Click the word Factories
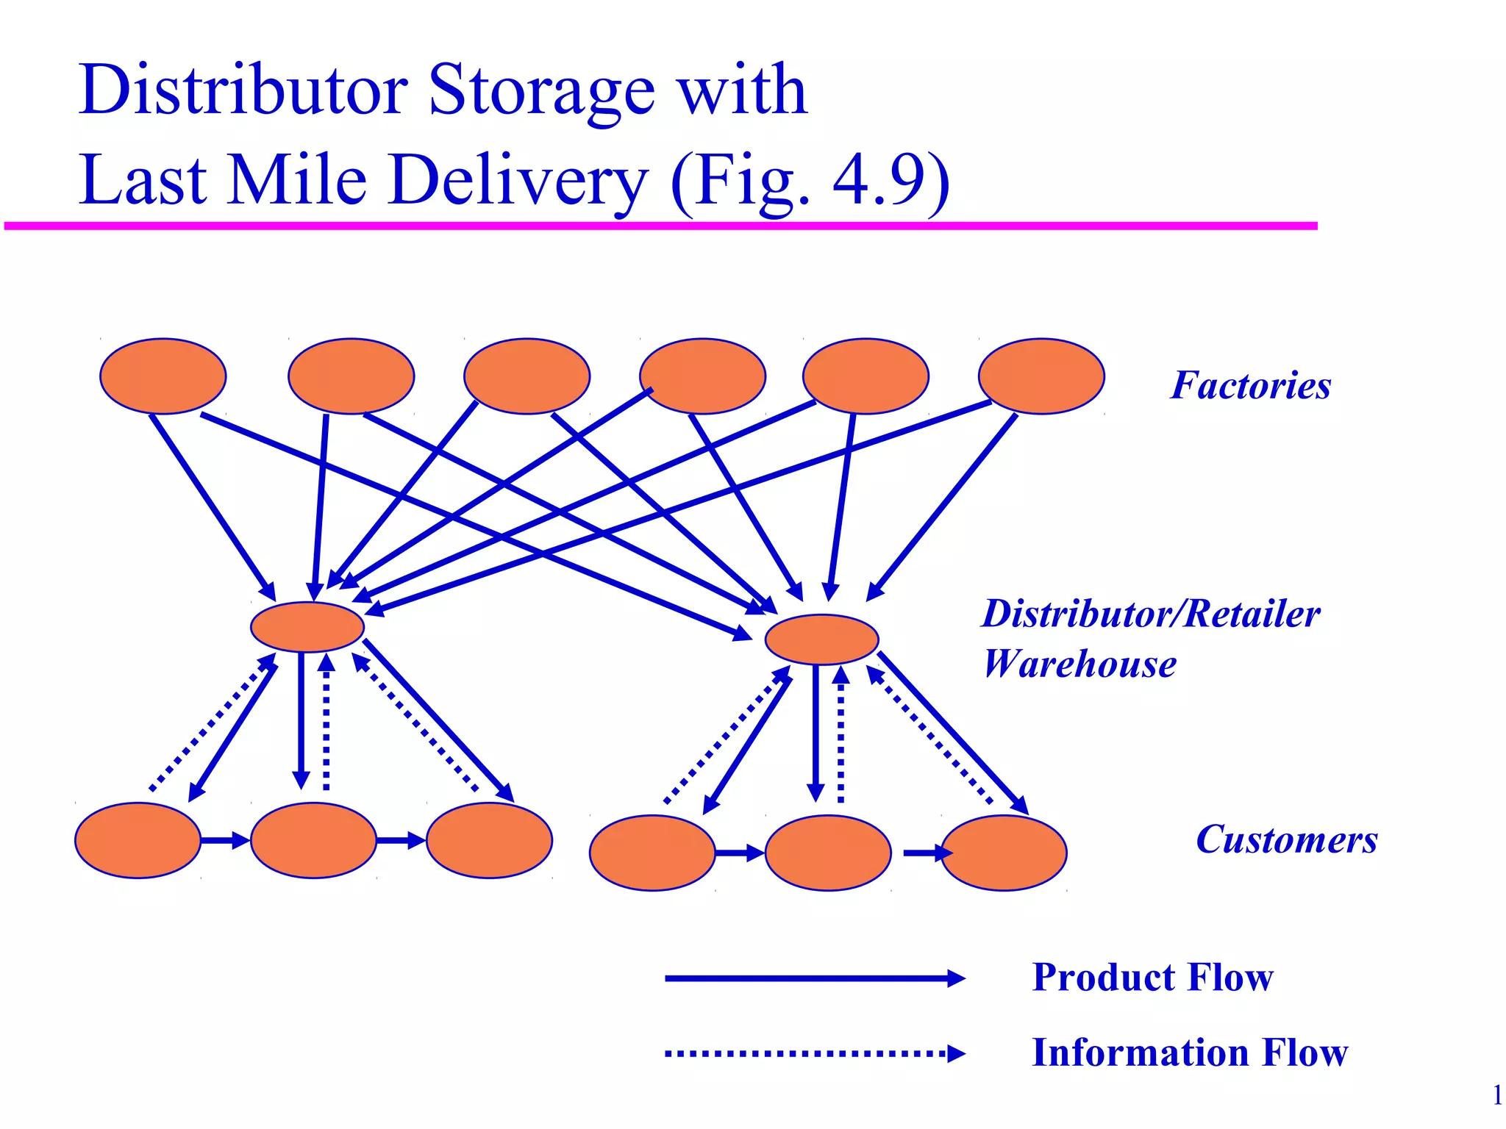(1250, 385)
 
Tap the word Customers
(1286, 839)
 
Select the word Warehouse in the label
(1079, 664)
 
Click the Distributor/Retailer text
(1151, 614)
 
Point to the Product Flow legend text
(1152, 978)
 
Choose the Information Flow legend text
(1190, 1053)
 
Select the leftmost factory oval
(163, 376)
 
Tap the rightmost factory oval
(1041, 376)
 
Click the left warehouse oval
(307, 627)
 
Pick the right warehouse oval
(821, 639)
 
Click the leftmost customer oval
(138, 840)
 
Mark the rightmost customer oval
(1004, 853)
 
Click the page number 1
(1496, 1095)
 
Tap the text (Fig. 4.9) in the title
(810, 180)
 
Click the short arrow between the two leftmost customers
(225, 840)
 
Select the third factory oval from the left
(527, 376)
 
